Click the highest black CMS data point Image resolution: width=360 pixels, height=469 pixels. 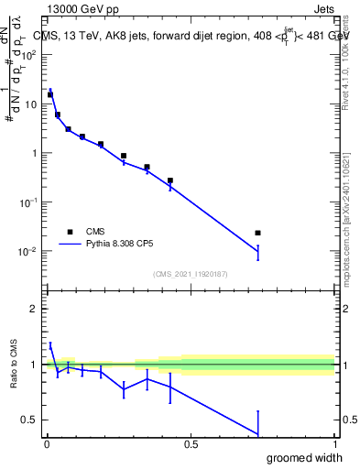50,94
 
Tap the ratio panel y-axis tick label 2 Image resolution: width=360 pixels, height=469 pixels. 36,309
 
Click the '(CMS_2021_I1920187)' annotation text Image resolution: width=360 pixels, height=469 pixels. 190,273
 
